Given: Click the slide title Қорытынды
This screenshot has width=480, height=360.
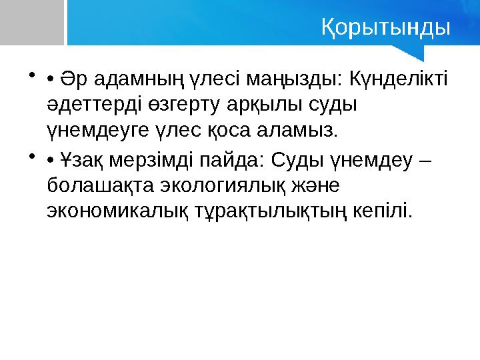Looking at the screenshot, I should [385, 28].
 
